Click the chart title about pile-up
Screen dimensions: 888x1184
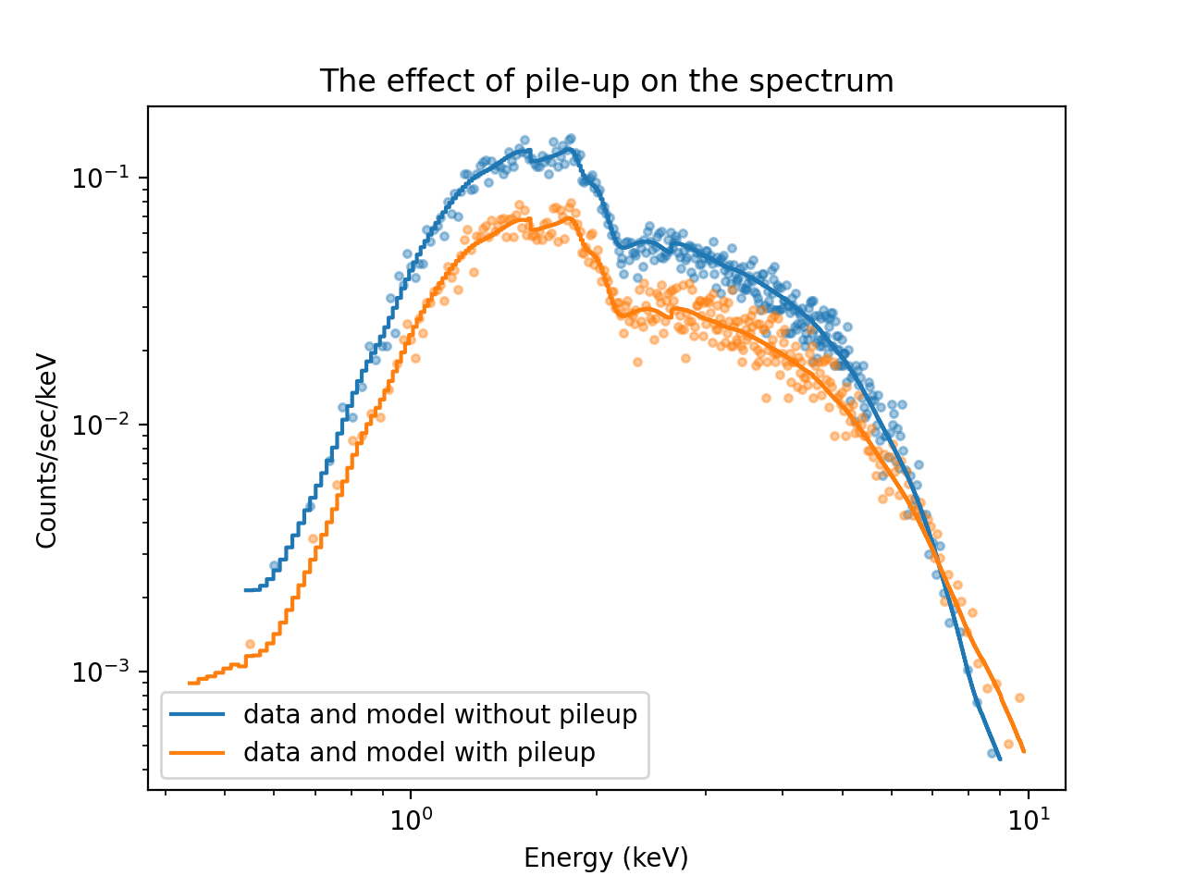[606, 81]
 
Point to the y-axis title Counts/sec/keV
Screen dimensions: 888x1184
[47, 451]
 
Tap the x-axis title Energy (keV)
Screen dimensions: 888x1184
[606, 857]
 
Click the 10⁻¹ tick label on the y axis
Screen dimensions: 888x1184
[101, 177]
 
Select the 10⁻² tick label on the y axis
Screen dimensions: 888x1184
[101, 425]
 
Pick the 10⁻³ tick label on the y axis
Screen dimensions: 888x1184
[101, 672]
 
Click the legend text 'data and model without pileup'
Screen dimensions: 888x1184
[440, 715]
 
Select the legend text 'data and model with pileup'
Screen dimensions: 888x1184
[419, 752]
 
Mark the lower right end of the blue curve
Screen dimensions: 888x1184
[999, 759]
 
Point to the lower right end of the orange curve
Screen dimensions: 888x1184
[1024, 751]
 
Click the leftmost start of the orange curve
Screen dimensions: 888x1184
[189, 684]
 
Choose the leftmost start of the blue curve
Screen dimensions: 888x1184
[245, 589]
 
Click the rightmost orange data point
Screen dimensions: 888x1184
[1019, 697]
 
